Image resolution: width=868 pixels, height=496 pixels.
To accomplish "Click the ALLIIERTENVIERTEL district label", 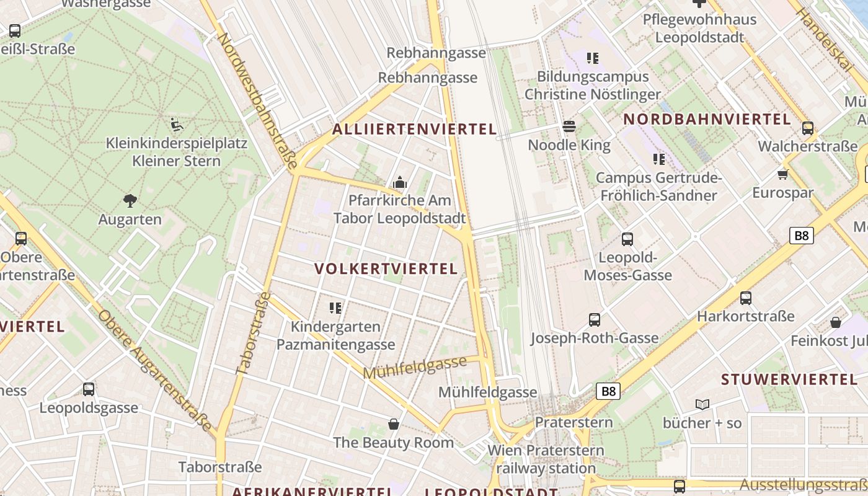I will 414,129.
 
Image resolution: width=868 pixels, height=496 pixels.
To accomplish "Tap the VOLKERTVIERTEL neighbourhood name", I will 386,268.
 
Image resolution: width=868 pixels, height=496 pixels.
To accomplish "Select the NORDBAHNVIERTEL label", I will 707,119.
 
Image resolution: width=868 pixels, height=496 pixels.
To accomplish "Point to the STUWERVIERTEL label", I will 789,379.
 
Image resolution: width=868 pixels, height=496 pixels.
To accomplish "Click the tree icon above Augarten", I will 130,200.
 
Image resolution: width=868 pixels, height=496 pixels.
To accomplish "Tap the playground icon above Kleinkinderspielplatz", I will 176,124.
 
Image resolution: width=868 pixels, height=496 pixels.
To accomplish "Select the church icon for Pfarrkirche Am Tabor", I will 400,182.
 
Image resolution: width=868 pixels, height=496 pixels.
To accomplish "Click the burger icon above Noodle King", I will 569,127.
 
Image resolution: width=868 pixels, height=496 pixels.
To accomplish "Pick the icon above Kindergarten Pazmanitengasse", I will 335,308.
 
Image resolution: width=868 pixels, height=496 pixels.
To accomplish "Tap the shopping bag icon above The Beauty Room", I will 393,424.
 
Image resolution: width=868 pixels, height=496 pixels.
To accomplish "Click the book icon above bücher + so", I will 702,404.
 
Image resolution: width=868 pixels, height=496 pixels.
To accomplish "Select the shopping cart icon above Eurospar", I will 782,174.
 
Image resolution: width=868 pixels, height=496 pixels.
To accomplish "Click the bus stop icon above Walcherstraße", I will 807,128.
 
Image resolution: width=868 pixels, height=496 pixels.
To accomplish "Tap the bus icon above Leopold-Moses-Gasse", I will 627,239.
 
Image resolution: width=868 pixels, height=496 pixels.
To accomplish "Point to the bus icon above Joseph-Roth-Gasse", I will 595,320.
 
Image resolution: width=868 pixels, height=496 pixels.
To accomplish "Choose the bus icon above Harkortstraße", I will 745,298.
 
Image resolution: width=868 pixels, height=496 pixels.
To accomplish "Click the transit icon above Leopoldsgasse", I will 89,389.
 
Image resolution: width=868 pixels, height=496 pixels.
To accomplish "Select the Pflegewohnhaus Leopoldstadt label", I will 699,28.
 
